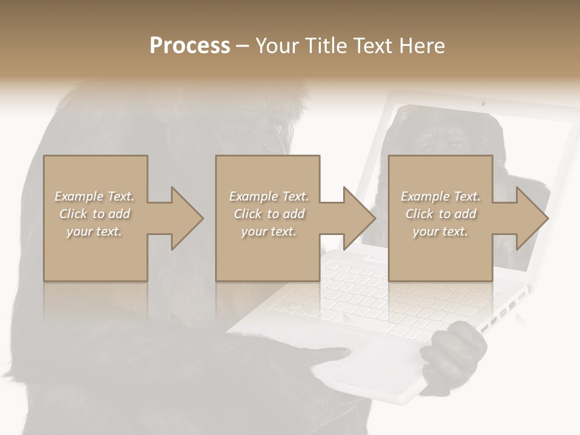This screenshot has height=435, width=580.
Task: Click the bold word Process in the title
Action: (190, 45)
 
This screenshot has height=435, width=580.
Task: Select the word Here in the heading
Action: (423, 45)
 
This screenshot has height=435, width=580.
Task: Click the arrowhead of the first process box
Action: (187, 218)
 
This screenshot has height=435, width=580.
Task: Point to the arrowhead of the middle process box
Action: (359, 218)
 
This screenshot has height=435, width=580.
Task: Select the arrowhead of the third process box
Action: (532, 218)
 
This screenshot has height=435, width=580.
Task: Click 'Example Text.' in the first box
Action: (94, 196)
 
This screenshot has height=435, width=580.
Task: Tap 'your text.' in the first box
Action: (94, 231)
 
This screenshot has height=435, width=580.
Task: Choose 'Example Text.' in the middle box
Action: (269, 196)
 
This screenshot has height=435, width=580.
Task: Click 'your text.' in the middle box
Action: (269, 231)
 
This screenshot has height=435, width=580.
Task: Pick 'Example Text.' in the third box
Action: (440, 196)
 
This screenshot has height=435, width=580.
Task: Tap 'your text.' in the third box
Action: (440, 231)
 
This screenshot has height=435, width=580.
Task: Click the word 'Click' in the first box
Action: (73, 214)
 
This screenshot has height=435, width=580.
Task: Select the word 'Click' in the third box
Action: (419, 214)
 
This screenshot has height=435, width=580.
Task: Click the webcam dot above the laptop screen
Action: (483, 103)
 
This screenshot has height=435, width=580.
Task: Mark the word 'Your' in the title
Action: (275, 45)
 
